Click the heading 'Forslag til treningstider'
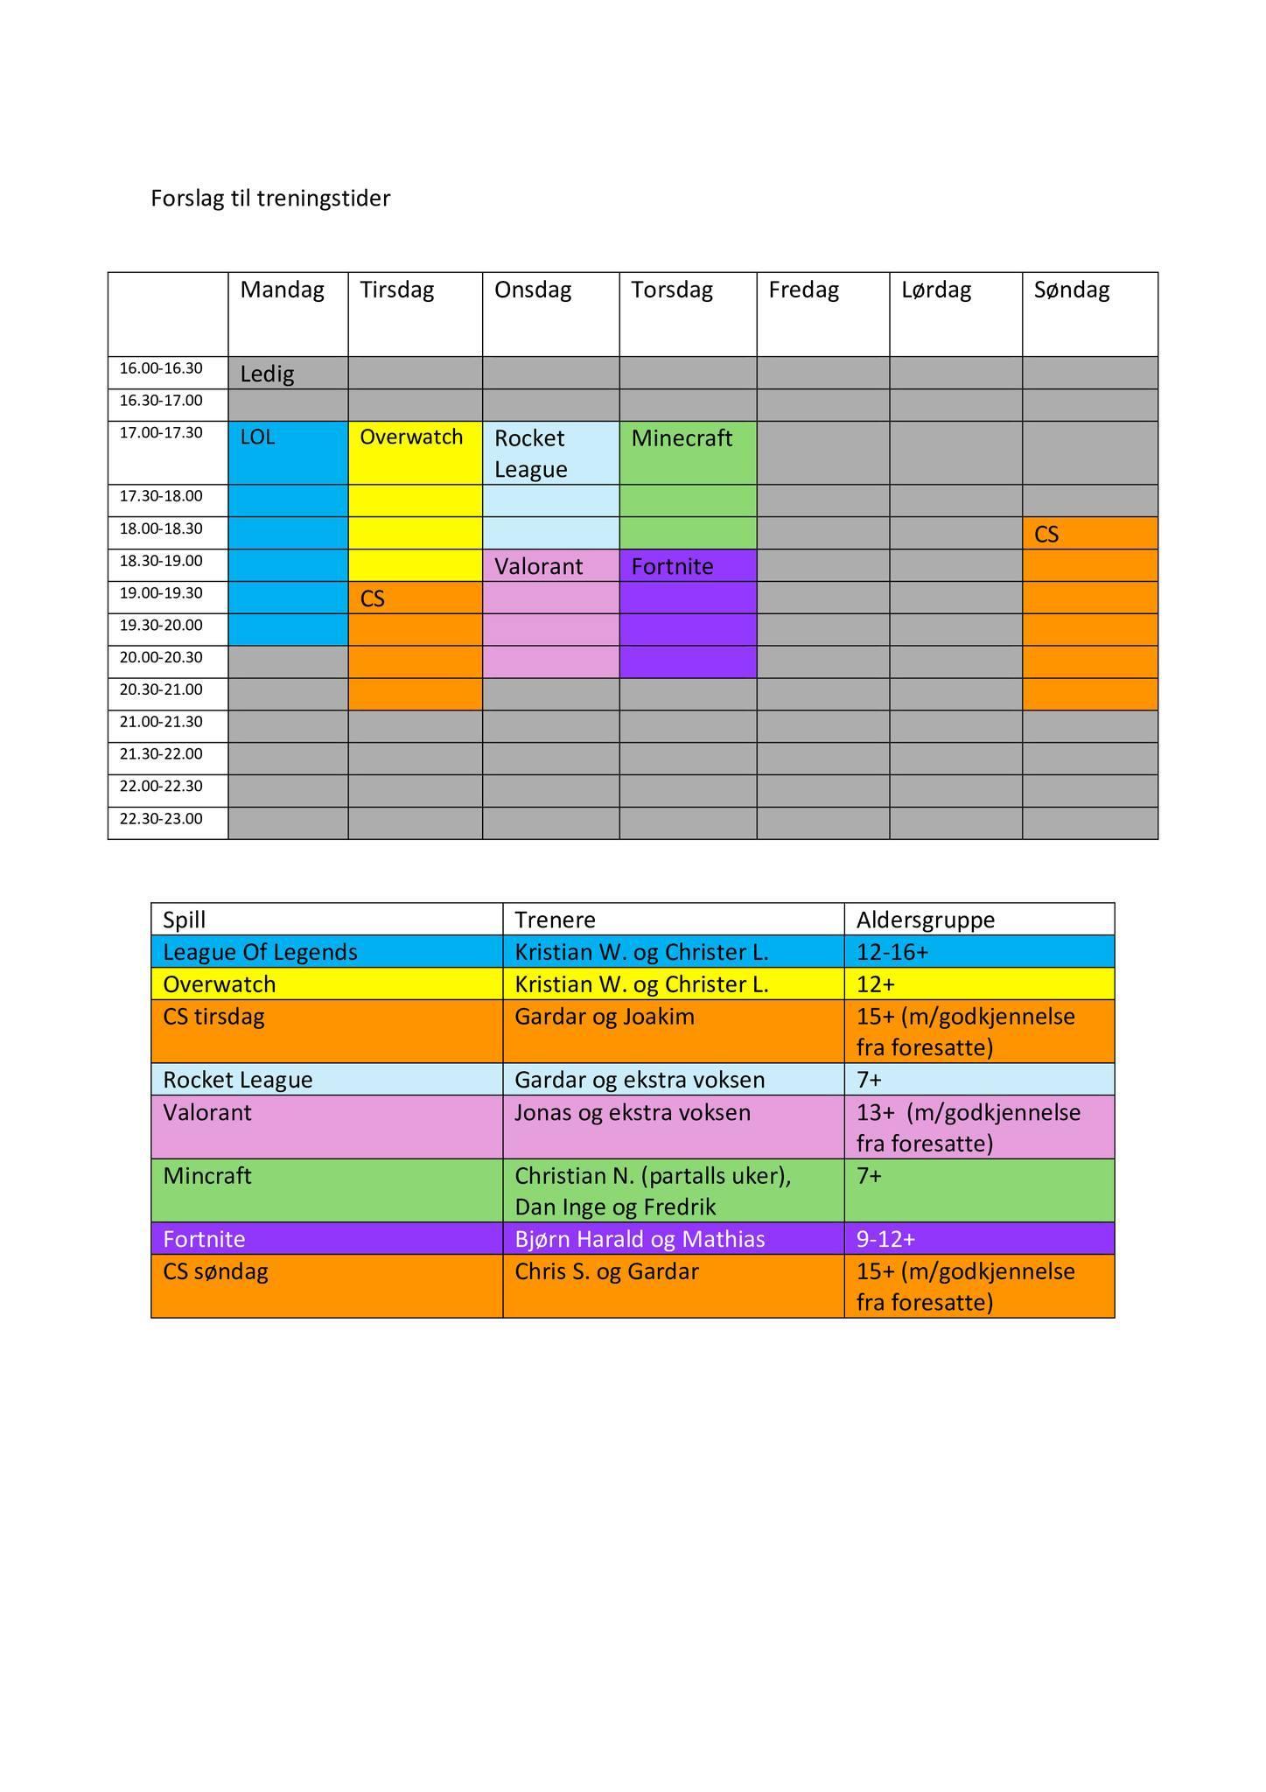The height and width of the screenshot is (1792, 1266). [x=270, y=199]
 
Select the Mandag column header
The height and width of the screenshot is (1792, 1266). [x=282, y=290]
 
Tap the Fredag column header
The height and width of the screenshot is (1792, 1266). [x=803, y=290]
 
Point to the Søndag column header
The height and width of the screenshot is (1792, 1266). [x=1071, y=290]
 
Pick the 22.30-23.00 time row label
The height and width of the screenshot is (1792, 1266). [x=161, y=819]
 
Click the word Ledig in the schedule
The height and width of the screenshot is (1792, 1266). [x=267, y=374]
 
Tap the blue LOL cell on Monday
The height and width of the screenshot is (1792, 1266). [x=258, y=437]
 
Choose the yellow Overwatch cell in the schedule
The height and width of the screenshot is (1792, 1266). [x=411, y=437]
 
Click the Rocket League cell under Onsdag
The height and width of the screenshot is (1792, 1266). [x=531, y=453]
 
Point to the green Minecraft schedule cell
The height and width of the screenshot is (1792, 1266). [x=682, y=438]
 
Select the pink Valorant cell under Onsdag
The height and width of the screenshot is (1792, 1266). [x=539, y=567]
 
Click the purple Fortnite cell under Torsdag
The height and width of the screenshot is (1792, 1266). [x=673, y=567]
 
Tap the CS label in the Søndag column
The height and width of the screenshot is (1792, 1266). [x=1046, y=535]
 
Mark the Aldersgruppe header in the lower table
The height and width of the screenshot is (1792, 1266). [x=926, y=920]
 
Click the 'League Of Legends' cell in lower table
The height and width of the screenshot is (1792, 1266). [x=260, y=952]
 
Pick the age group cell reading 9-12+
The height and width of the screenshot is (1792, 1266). [x=885, y=1240]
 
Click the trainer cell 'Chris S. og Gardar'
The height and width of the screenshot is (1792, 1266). [x=606, y=1272]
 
